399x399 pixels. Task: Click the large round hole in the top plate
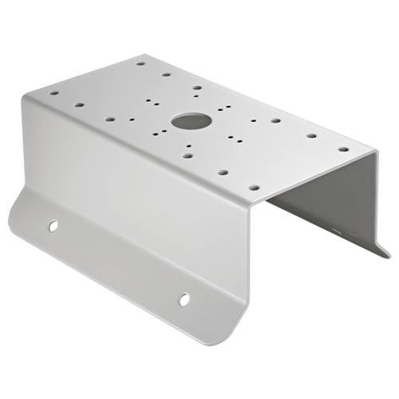pyautogui.click(x=191, y=121)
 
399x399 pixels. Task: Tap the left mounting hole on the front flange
pyautogui.click(x=53, y=226)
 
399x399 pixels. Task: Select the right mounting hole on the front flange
pyautogui.click(x=184, y=299)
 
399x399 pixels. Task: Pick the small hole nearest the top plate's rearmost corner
pyautogui.click(x=140, y=62)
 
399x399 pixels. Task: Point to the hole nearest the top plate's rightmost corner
pyautogui.click(x=343, y=148)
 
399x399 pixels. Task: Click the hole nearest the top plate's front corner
pyautogui.click(x=253, y=188)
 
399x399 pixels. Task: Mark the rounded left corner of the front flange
pyautogui.click(x=14, y=209)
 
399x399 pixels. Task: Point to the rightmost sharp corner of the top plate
pyautogui.click(x=373, y=152)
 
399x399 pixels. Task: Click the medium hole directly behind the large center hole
pyautogui.click(x=196, y=89)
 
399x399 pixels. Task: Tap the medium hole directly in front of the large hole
pyautogui.click(x=187, y=155)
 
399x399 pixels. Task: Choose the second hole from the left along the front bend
pyautogui.click(x=79, y=104)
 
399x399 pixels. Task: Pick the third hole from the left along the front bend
pyautogui.click(x=109, y=119)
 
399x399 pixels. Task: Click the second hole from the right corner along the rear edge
pyautogui.click(x=311, y=135)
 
